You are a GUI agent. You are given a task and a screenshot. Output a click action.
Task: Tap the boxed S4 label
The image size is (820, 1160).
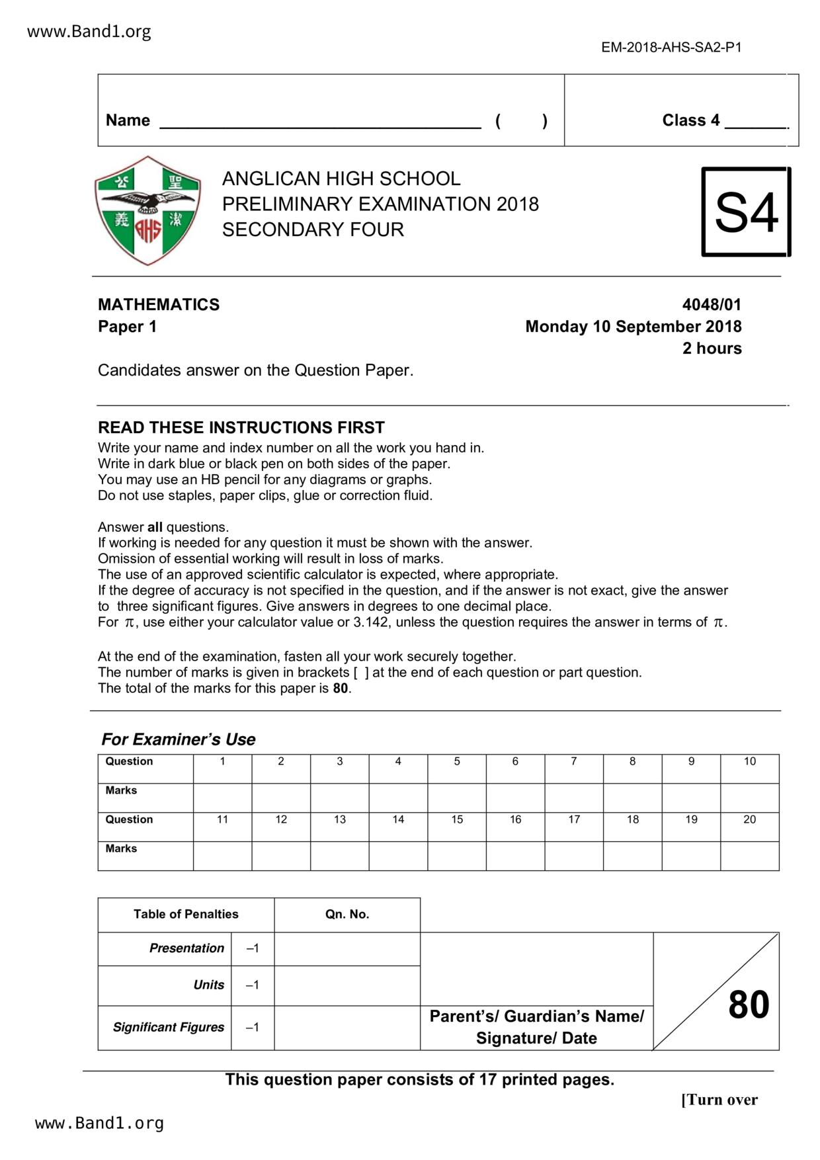[x=746, y=212]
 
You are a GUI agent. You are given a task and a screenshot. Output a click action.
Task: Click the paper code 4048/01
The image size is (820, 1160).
[x=712, y=305]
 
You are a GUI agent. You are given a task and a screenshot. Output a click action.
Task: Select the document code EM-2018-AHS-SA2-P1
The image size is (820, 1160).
[x=671, y=48]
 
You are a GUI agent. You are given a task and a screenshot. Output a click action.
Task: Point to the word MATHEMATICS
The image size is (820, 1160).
[x=159, y=305]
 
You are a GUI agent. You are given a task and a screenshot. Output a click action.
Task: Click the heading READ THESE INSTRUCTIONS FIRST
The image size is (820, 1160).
[x=241, y=427]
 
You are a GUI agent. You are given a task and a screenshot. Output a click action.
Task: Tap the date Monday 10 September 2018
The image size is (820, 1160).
[x=633, y=327]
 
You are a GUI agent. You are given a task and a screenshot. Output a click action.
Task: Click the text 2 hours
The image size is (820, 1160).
[x=712, y=349]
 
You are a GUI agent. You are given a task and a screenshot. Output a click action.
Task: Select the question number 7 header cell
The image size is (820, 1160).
[x=574, y=762]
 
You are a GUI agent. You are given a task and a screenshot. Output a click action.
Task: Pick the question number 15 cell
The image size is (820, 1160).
[x=457, y=820]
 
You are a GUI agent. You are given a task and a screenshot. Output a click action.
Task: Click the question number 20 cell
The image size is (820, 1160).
[x=749, y=820]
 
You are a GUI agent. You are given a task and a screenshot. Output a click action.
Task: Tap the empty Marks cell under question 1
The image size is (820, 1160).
[x=222, y=798]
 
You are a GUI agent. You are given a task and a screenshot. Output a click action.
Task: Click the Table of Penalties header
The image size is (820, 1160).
[x=186, y=915]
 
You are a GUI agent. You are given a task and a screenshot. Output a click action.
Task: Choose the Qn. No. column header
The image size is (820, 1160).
[x=347, y=915]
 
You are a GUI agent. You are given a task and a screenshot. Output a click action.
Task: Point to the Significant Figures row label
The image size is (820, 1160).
[x=168, y=1027]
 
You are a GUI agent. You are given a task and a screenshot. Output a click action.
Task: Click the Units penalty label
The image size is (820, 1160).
[x=208, y=985]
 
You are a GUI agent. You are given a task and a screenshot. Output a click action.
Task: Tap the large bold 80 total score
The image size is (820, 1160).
[x=749, y=1005]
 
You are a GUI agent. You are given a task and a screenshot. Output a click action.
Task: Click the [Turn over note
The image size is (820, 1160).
[x=719, y=1100]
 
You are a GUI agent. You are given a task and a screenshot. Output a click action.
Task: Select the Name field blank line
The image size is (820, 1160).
[x=321, y=121]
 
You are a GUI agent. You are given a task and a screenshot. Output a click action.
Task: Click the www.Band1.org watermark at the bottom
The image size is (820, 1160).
[x=99, y=1123]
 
